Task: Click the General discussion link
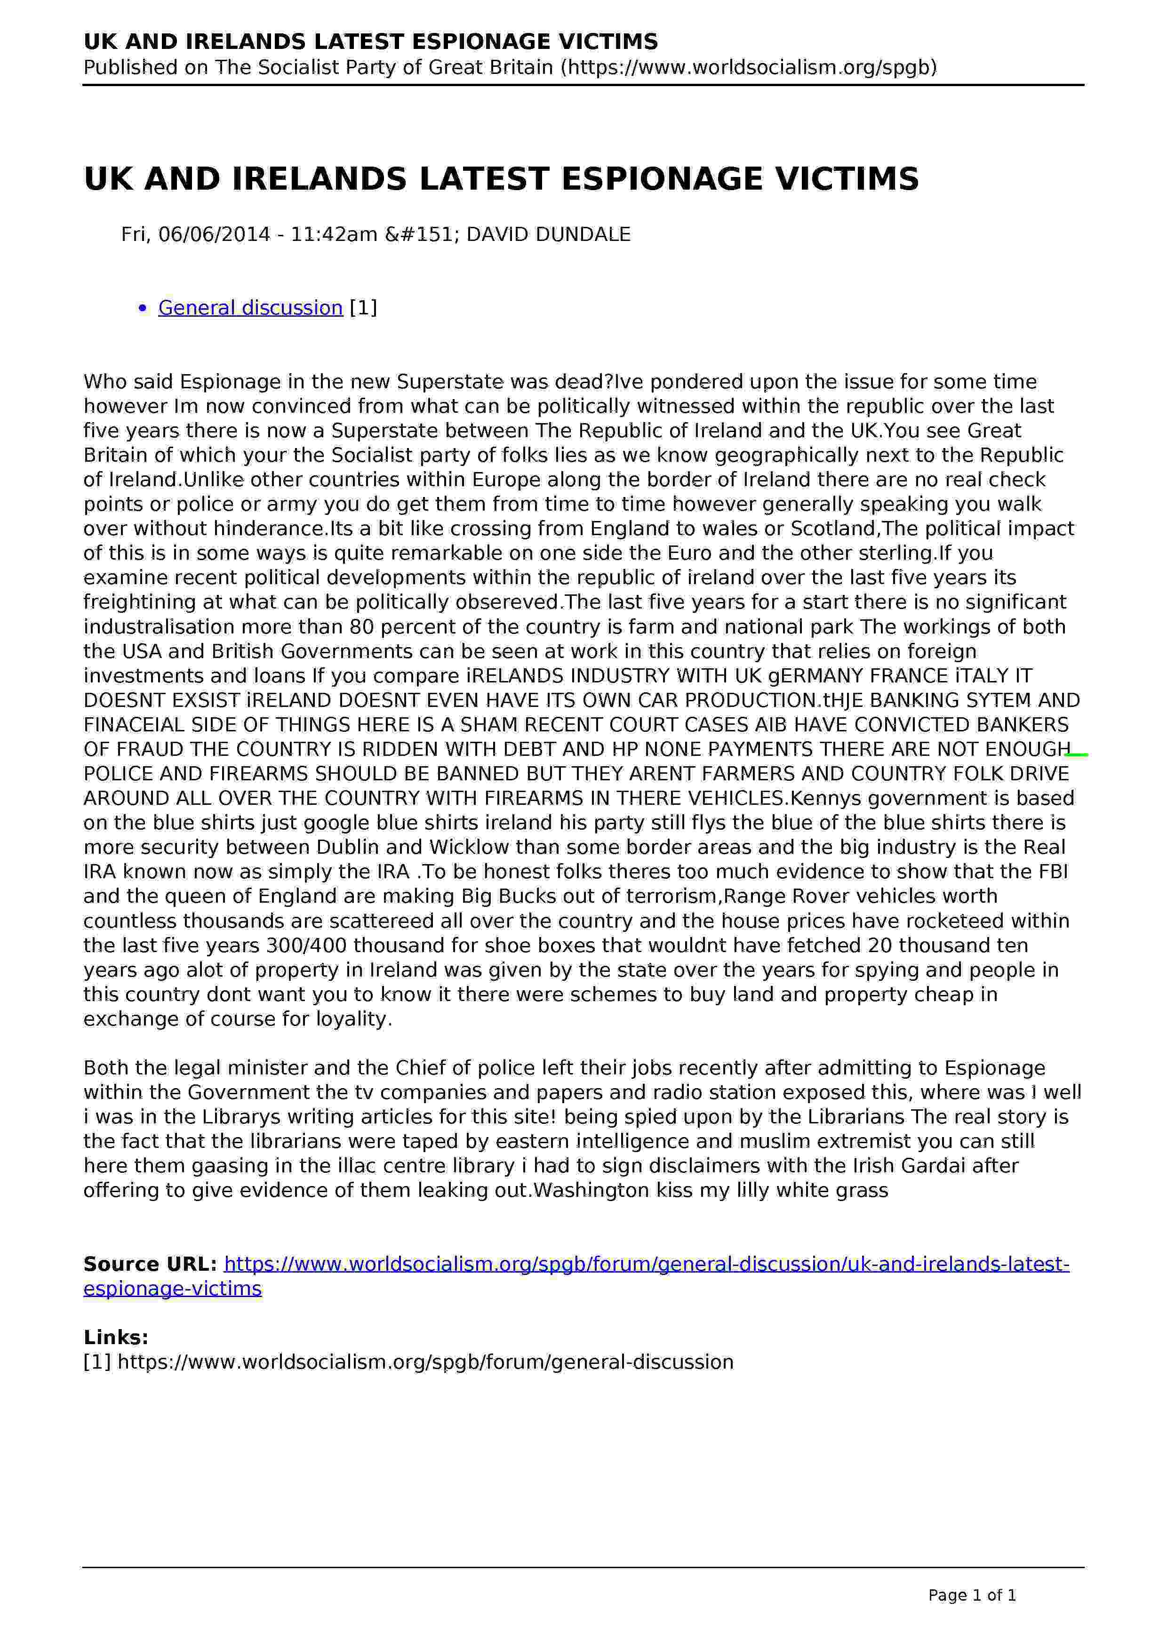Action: coord(250,308)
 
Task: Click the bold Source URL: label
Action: coord(150,1264)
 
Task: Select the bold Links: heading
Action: coord(116,1338)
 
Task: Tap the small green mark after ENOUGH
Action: coord(1077,755)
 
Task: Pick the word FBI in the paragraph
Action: coord(1054,872)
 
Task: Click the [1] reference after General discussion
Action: coord(363,308)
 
